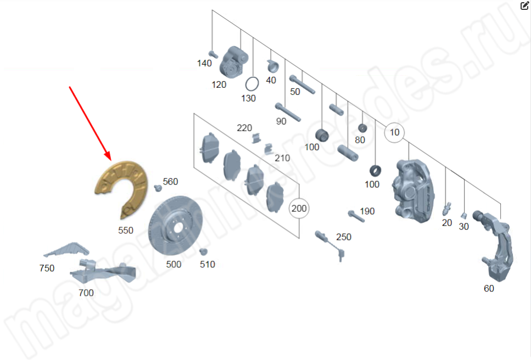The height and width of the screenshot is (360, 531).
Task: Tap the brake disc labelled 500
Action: click(x=175, y=226)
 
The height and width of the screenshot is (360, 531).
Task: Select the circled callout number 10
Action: click(x=394, y=132)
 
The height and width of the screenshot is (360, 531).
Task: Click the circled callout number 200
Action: click(x=299, y=208)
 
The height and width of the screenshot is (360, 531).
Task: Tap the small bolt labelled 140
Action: click(x=213, y=54)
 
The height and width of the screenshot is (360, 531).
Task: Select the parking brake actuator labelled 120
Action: click(x=233, y=63)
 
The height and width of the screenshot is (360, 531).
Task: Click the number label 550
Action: click(x=126, y=230)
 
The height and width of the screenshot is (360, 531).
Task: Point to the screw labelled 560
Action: click(x=158, y=188)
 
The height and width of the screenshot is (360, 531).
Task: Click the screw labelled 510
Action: click(x=203, y=252)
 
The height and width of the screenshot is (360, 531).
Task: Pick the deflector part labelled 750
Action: click(x=68, y=250)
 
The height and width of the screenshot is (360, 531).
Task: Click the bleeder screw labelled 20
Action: click(x=446, y=209)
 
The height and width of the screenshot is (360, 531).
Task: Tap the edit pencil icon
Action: click(x=524, y=5)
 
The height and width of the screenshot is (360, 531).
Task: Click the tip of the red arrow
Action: click(x=111, y=160)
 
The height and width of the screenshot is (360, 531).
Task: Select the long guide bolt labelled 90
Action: click(x=288, y=112)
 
